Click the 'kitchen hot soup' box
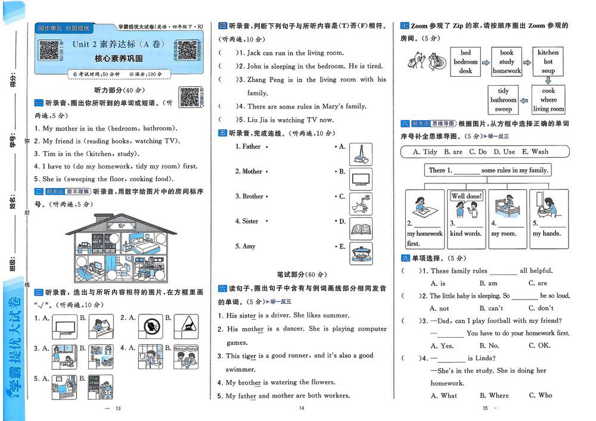coord(548,61)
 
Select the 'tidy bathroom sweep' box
coord(504,100)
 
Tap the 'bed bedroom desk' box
coord(465,62)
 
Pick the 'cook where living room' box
coord(548,100)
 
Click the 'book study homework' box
coord(507,62)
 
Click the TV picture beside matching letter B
coord(361,179)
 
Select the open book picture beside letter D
coord(361,229)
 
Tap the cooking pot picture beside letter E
coord(361,254)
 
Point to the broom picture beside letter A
coord(361,154)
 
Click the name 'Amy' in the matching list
coord(249,246)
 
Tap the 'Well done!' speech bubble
coord(467,197)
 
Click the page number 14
coord(301,408)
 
